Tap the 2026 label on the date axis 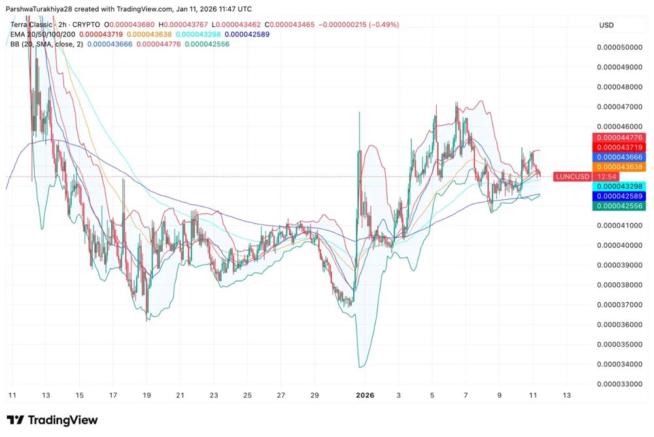point(365,395)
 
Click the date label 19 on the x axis point(146,395)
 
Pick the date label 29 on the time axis point(315,395)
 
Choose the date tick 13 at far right point(566,395)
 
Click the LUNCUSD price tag point(572,176)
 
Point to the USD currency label point(606,25)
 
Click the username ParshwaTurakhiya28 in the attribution point(41,9)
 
